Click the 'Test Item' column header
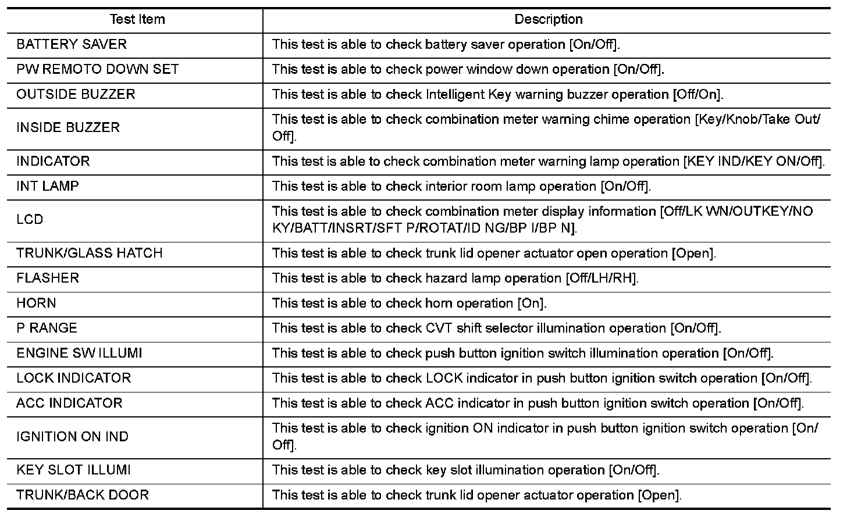tap(137, 20)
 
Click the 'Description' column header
tap(548, 20)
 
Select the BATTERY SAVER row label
tap(72, 45)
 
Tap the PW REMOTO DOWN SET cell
tap(97, 70)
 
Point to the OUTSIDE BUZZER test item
tap(76, 95)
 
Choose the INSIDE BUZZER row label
tap(68, 128)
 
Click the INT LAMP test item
tap(48, 187)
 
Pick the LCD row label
tap(30, 220)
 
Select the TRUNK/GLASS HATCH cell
tap(90, 254)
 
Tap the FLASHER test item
tap(48, 279)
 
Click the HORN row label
tap(37, 304)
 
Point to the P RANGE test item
tap(47, 329)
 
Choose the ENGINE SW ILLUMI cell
tap(79, 354)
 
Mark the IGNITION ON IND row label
tap(73, 437)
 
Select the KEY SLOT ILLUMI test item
tap(73, 470)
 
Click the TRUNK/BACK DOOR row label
tap(83, 495)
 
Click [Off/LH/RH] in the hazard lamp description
tap(602, 279)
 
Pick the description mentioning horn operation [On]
tap(410, 304)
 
